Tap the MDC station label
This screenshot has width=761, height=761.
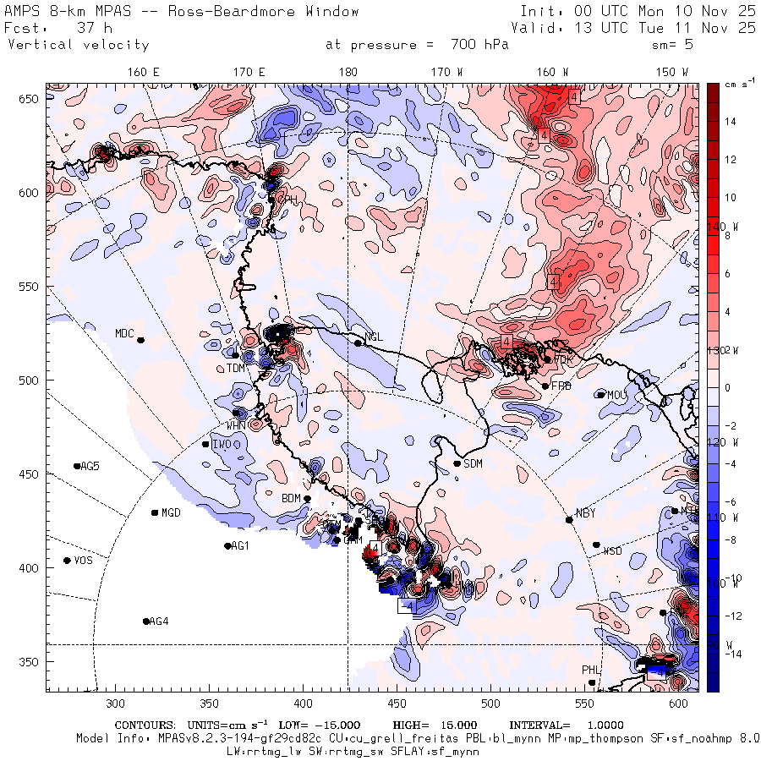point(125,333)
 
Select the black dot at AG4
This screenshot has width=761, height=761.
point(146,621)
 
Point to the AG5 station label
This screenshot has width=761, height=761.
point(90,467)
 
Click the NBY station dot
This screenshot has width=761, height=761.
point(569,519)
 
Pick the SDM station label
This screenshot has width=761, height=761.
point(474,463)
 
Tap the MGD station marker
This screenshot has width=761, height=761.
point(155,512)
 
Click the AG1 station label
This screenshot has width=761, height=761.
point(240,546)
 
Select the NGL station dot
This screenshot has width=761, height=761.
point(358,343)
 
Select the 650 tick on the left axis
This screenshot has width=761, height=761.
point(31,100)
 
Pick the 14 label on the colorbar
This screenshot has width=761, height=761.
point(731,122)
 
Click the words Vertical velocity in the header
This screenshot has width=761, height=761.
point(79,45)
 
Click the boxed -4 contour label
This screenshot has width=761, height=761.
point(407,606)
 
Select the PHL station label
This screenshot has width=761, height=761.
point(590,670)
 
